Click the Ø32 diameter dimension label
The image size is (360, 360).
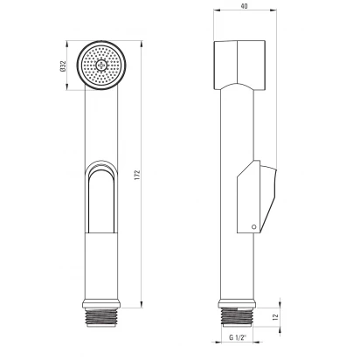[x=63, y=66]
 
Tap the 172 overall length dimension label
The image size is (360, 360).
[x=137, y=175]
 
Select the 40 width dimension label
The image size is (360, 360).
[x=245, y=6]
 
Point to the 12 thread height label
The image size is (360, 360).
[x=276, y=317]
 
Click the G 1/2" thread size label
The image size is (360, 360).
[x=238, y=337]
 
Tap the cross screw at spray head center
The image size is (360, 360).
[x=101, y=65]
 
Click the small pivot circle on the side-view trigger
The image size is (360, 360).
[x=254, y=227]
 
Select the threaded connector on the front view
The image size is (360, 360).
[x=101, y=317]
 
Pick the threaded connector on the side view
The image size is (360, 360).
[x=237, y=316]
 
